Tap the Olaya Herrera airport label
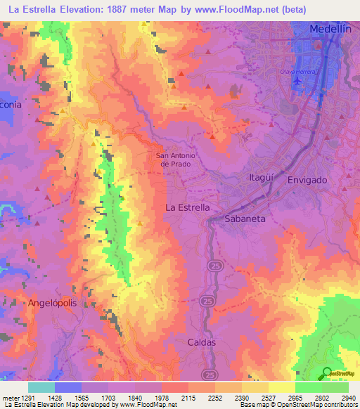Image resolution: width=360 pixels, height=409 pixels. pyautogui.click(x=300, y=72)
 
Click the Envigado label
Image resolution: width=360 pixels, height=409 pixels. pyautogui.click(x=307, y=180)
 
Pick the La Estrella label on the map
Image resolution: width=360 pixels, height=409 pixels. pyautogui.click(x=187, y=208)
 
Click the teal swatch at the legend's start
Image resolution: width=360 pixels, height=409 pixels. pyautogui.click(x=41, y=387)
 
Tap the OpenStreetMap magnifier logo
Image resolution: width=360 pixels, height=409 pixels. pyautogui.click(x=326, y=372)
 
